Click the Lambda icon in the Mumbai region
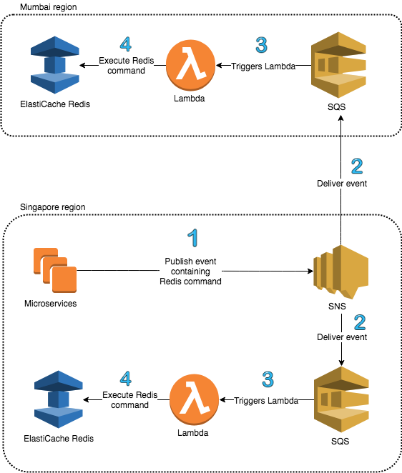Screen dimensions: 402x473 pyautogui.click(x=190, y=66)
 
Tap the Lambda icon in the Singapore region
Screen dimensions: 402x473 pyautogui.click(x=194, y=399)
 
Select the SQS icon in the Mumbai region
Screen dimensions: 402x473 pyautogui.click(x=338, y=65)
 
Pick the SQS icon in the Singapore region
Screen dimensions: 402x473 pyautogui.click(x=342, y=399)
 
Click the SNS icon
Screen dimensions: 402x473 pyautogui.click(x=340, y=272)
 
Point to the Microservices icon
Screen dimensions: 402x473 pyautogui.click(x=55, y=270)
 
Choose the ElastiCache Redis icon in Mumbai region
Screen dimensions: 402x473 pyautogui.click(x=55, y=65)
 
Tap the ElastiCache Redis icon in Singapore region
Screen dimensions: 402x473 pyautogui.click(x=58, y=399)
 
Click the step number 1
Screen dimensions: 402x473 pyautogui.click(x=192, y=238)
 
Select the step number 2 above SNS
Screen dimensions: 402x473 pyautogui.click(x=357, y=166)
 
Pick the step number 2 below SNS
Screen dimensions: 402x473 pyautogui.click(x=360, y=322)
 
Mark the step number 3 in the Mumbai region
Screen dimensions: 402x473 pyautogui.click(x=262, y=45)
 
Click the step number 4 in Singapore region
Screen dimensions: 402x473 pyautogui.click(x=126, y=379)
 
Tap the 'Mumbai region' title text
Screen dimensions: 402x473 pyautogui.click(x=49, y=7)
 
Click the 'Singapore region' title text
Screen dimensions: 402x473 pyautogui.click(x=52, y=207)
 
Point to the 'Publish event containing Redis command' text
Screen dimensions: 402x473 pyautogui.click(x=190, y=272)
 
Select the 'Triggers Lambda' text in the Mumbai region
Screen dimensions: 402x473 pyautogui.click(x=263, y=66)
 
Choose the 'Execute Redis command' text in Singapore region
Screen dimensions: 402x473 pyautogui.click(x=130, y=399)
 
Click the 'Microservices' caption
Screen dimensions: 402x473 pyautogui.click(x=51, y=303)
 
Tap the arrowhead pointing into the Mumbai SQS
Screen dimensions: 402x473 pyautogui.click(x=340, y=119)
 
